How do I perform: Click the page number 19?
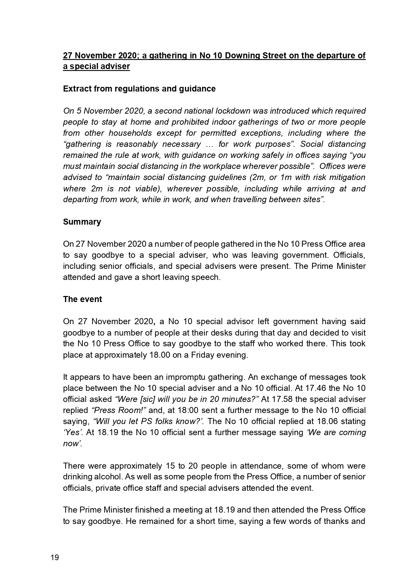55,558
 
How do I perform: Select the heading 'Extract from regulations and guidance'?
139,89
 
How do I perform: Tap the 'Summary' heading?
82,222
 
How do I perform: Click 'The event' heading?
82,299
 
